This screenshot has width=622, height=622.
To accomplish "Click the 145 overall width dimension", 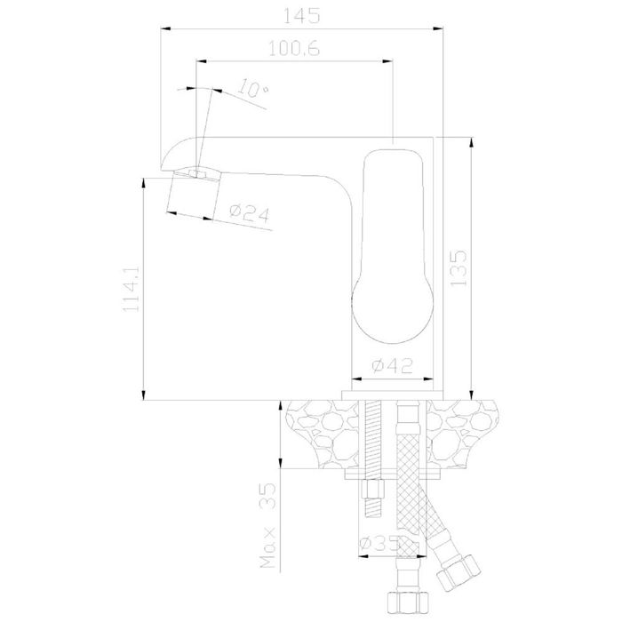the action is [302, 16].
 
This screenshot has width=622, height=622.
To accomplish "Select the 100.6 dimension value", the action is [294, 49].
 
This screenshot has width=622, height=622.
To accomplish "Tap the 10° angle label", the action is [253, 88].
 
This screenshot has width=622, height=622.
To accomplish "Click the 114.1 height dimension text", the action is [132, 289].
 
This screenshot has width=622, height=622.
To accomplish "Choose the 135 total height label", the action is [459, 267].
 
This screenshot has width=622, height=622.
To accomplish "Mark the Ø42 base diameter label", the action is [393, 365].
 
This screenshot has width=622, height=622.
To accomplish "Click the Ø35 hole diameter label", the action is [378, 544].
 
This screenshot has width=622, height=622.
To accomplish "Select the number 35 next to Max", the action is [267, 496].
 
